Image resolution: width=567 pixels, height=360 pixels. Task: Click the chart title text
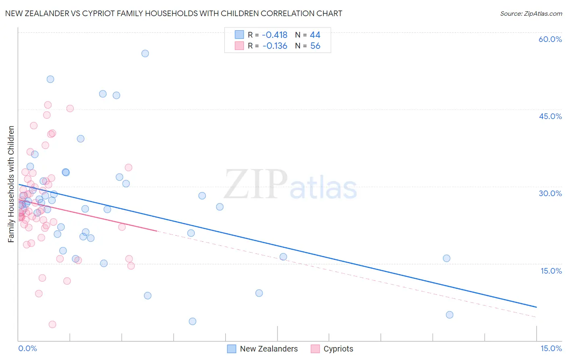(173, 13)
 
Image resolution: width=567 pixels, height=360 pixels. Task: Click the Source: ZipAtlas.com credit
(531, 13)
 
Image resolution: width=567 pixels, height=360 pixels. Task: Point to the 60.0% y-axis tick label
(550, 39)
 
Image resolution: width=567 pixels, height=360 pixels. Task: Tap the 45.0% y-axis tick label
(550, 116)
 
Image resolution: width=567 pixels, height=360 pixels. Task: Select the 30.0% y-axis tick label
(550, 193)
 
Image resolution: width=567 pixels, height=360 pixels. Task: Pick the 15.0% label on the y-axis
(551, 271)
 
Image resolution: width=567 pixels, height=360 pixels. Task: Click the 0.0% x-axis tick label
(27, 349)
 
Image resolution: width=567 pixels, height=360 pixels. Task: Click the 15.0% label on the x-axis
(551, 349)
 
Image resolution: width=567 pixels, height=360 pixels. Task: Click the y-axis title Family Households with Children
(11, 184)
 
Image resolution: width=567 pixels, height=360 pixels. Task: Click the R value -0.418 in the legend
(275, 35)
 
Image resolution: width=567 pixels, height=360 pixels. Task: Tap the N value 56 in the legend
(315, 46)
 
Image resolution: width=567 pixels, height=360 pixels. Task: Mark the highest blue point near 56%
(145, 53)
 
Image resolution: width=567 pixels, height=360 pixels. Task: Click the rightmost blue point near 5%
(450, 315)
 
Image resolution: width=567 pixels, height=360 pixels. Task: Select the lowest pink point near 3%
(52, 324)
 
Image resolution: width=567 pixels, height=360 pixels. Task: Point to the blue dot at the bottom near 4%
(192, 321)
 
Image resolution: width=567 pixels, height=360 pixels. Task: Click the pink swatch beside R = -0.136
(239, 46)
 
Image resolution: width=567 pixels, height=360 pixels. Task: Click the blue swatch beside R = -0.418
(239, 35)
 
